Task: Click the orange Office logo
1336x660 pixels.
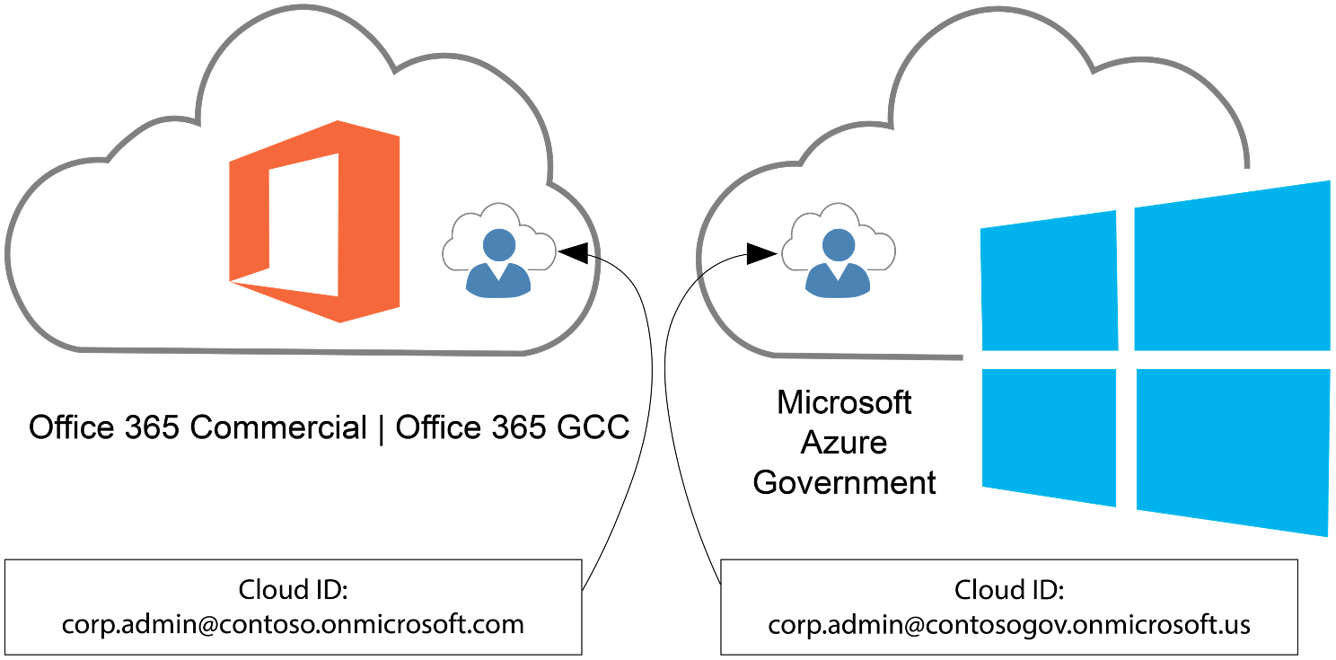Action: pyautogui.click(x=314, y=221)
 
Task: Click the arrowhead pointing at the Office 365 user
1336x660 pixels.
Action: pyautogui.click(x=573, y=252)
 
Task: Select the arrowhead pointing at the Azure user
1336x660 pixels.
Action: pyautogui.click(x=764, y=254)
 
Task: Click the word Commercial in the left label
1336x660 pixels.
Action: pyautogui.click(x=278, y=427)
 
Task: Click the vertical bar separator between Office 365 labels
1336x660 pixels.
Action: pyautogui.click(x=381, y=427)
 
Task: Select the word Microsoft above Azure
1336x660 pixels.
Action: pyautogui.click(x=844, y=402)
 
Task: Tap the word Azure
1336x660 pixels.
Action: pyautogui.click(x=844, y=442)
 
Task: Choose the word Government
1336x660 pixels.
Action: pyautogui.click(x=844, y=482)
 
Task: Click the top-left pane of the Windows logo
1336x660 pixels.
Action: pyautogui.click(x=1049, y=282)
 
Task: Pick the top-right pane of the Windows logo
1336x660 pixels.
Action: pyautogui.click(x=1232, y=268)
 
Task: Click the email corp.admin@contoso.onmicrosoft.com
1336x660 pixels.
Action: pyautogui.click(x=293, y=624)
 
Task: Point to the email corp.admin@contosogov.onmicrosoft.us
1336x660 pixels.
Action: pyautogui.click(x=1009, y=624)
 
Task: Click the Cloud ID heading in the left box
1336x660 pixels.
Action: pyautogui.click(x=293, y=590)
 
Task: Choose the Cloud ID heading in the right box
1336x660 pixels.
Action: pyautogui.click(x=1009, y=590)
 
